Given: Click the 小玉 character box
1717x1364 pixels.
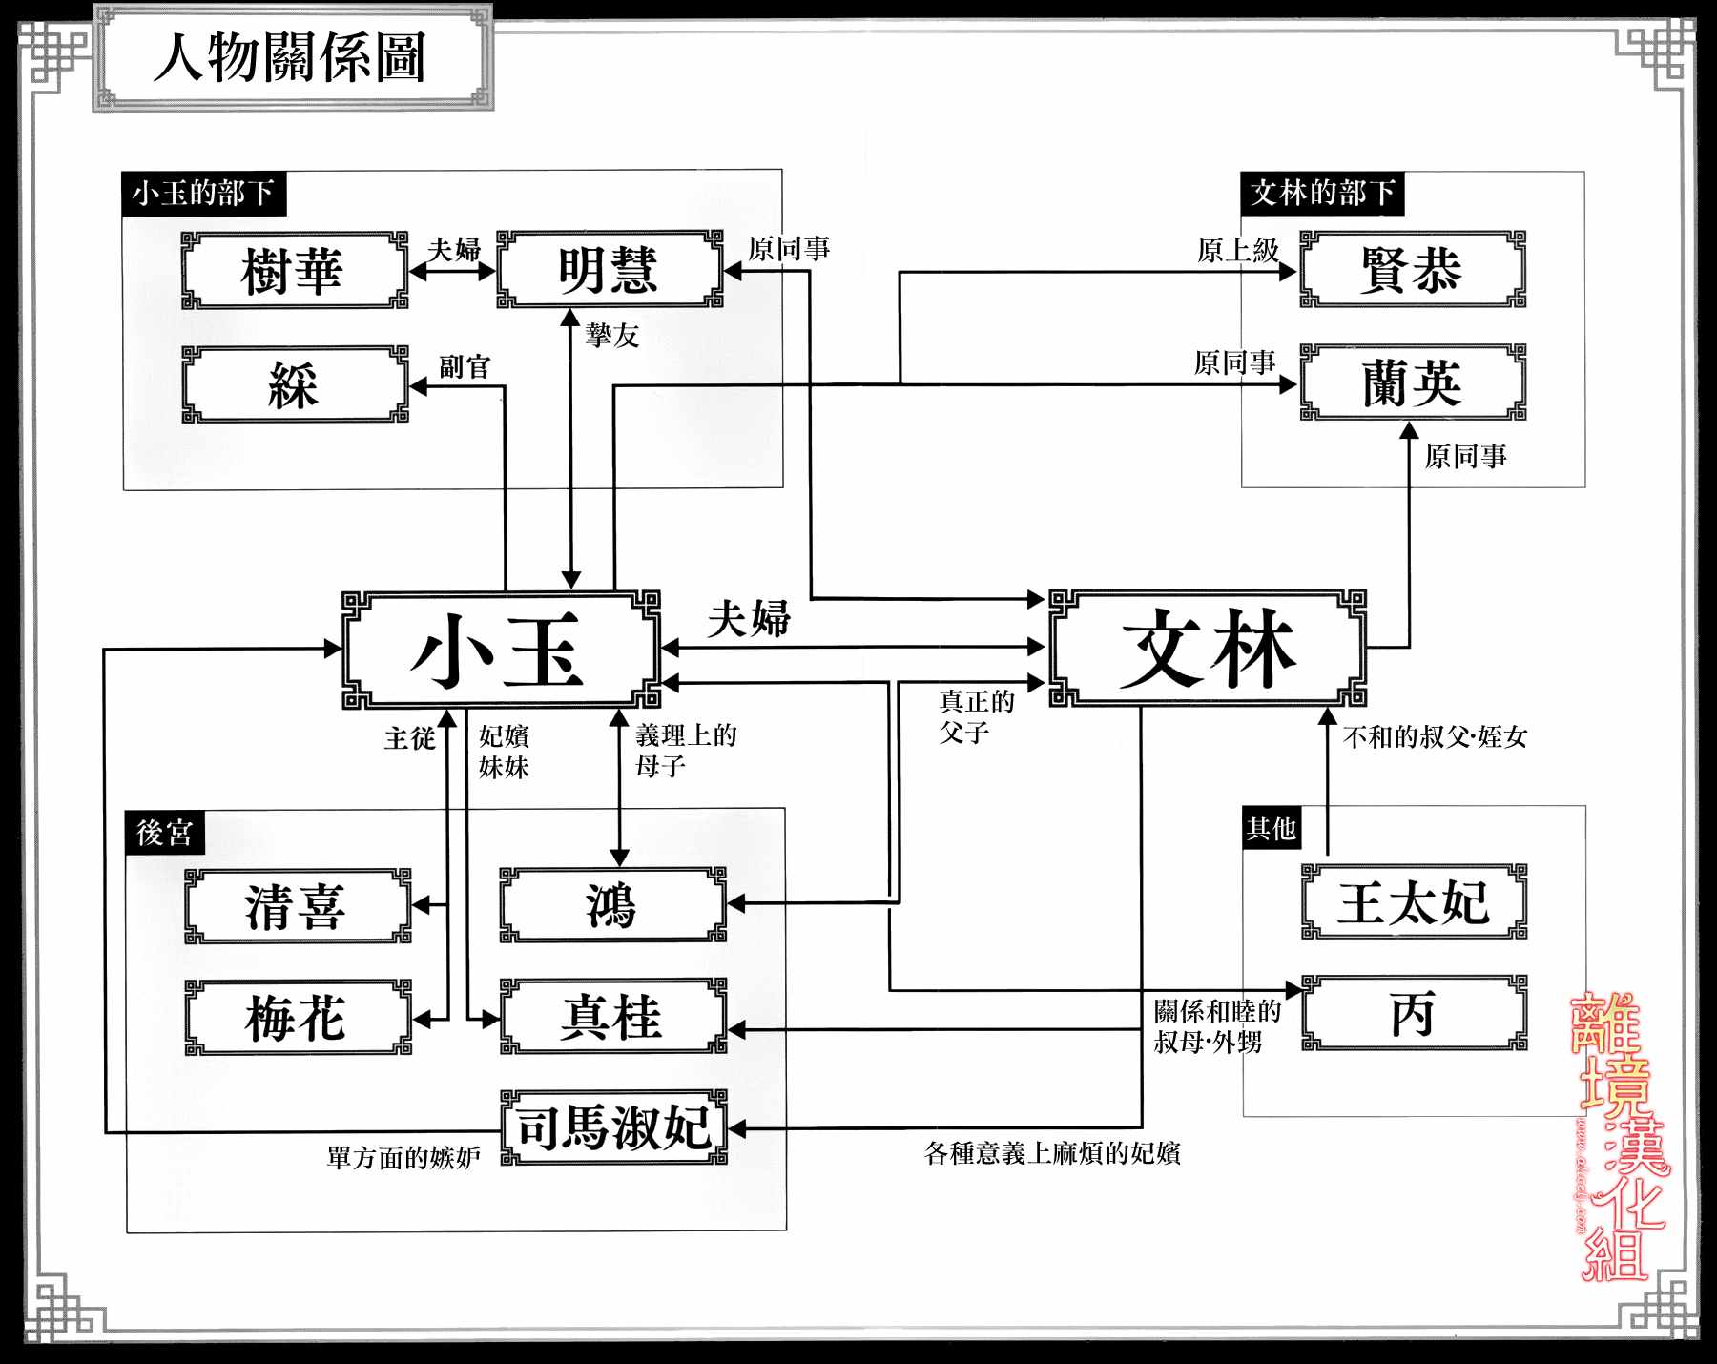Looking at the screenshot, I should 501,650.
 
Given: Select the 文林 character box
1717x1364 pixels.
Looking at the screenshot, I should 1208,649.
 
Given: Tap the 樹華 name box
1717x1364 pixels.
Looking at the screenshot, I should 294,270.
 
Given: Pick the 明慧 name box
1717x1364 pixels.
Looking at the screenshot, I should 610,270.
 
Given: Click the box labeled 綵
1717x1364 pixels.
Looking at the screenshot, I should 294,384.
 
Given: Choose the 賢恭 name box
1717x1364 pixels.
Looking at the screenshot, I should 1413,270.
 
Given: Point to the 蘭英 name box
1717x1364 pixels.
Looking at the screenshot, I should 1413,383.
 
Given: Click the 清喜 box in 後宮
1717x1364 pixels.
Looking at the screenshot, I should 297,906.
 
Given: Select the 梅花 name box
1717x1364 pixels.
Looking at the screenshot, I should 297,1018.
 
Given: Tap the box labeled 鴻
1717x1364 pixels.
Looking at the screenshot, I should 612,905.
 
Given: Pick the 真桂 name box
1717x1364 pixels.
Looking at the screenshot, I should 612,1017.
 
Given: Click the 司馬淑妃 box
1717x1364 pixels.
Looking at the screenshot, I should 613,1127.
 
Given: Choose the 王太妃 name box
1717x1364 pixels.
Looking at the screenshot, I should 1414,902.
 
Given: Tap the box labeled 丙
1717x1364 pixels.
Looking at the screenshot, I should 1414,1013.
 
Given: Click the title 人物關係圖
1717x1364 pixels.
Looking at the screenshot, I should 290,57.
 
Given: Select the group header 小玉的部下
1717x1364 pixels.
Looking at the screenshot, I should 203,194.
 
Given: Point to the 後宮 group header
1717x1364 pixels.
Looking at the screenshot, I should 164,833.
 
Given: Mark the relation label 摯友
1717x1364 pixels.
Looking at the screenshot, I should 612,335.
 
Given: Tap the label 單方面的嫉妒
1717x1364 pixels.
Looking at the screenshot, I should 403,1158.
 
